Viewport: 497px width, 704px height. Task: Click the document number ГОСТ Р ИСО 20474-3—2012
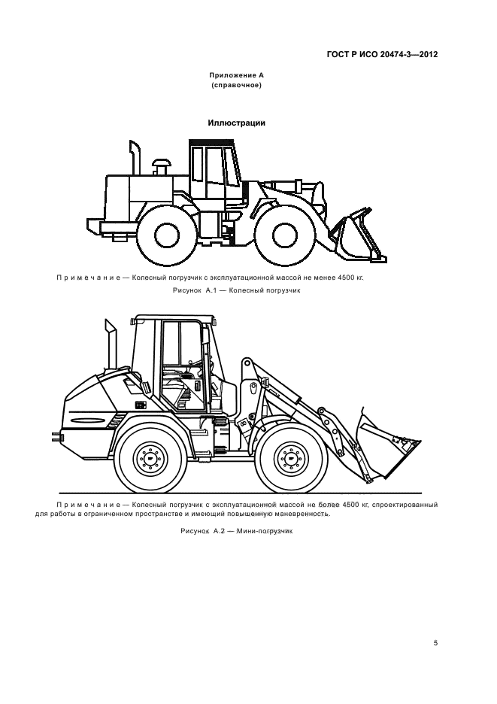[382, 55]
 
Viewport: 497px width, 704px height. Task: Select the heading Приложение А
[237, 75]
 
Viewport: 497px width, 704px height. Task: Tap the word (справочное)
[237, 85]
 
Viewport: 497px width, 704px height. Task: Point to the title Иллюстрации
[237, 123]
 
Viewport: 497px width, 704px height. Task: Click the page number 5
[435, 643]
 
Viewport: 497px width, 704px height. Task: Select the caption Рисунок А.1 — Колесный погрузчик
[237, 290]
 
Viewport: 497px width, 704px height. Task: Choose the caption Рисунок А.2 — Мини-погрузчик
[237, 531]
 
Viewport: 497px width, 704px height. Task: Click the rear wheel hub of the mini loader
[149, 458]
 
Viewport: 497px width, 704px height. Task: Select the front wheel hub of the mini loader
[290, 458]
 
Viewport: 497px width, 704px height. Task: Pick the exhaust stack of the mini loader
[110, 344]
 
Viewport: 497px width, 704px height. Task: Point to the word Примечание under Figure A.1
[88, 278]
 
